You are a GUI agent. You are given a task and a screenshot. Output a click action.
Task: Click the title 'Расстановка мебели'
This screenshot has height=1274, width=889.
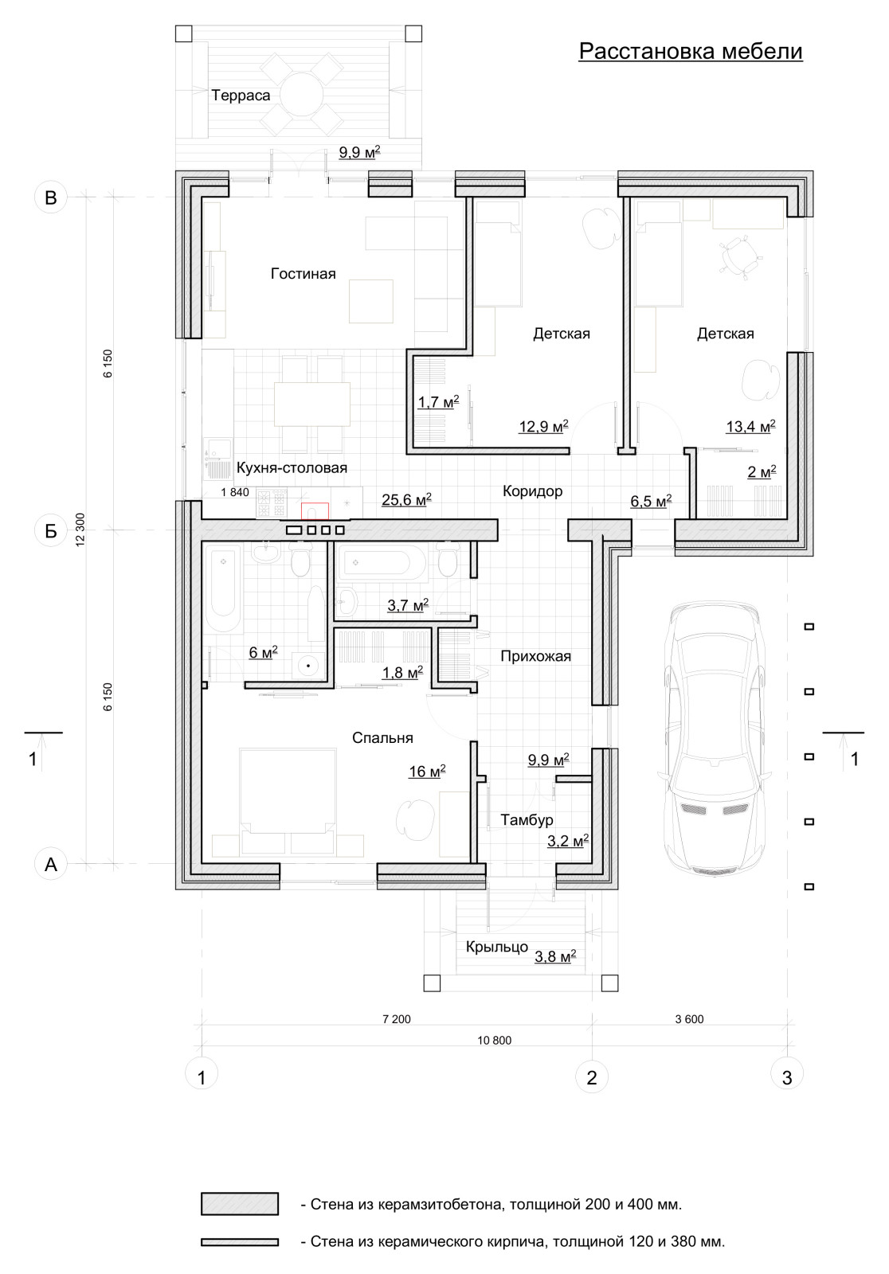point(691,51)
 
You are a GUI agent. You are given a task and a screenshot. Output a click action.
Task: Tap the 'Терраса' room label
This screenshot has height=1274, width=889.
point(241,96)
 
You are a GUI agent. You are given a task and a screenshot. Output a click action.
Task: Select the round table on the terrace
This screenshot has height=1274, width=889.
point(301,95)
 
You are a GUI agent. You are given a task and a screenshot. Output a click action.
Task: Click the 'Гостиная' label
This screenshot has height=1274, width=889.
point(303,274)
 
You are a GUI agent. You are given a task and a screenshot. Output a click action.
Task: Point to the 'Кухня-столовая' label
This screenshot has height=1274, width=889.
point(292,467)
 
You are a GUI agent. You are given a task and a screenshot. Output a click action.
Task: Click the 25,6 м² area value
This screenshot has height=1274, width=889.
point(406,499)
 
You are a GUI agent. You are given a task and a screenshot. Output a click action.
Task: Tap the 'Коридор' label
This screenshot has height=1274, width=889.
point(532,490)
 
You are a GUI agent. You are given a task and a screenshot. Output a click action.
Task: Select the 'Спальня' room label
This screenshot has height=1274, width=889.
point(382,737)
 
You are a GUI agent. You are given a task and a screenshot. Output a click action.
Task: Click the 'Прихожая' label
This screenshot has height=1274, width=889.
point(535,656)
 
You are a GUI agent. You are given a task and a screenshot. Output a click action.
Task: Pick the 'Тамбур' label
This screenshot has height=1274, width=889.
point(527,819)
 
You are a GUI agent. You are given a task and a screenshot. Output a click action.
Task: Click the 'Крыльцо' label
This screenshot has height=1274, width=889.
point(497,947)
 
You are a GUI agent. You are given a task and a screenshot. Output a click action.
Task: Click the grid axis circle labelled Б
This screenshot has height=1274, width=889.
point(51,530)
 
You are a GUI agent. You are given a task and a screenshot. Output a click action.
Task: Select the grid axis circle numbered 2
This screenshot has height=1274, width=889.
point(592,1077)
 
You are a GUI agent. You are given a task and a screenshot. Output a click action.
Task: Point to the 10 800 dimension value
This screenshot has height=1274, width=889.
point(494,1040)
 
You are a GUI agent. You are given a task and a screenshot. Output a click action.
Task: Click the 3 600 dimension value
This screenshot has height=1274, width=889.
point(689,1019)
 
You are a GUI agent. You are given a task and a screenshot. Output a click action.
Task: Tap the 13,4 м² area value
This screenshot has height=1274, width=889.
point(750,426)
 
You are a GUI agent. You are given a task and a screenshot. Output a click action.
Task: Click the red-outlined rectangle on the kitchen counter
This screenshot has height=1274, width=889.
point(315,511)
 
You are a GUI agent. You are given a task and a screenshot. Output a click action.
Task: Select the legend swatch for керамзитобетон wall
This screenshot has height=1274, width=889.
point(240,1204)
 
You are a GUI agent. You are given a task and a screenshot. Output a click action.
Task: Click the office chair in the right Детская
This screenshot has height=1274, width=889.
point(738,256)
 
